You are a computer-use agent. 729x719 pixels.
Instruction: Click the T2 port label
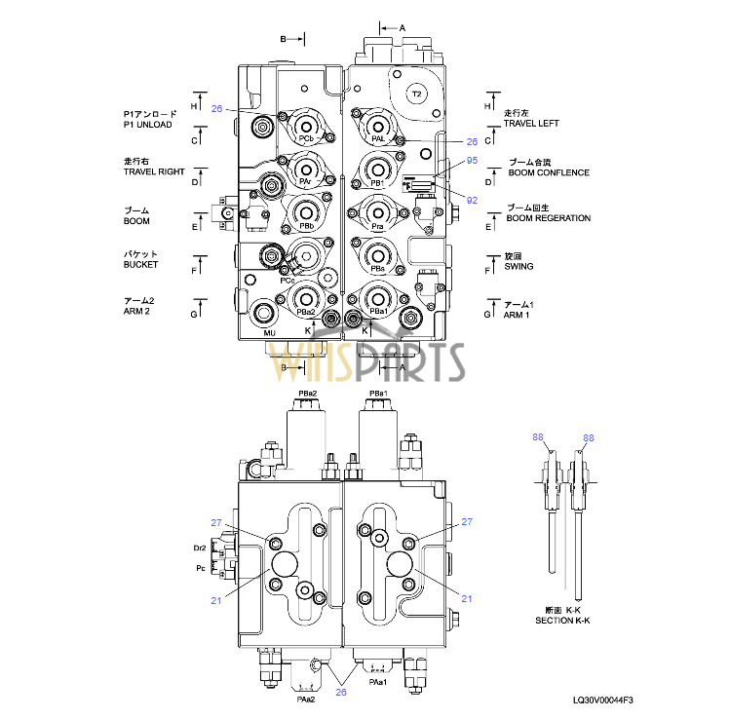coord(416,94)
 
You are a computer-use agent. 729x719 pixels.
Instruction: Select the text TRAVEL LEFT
coord(531,124)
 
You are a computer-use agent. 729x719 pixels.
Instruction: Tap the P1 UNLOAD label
coord(148,125)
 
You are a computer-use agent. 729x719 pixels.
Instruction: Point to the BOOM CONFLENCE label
coord(549,172)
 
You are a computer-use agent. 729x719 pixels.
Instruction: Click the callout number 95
coord(472,160)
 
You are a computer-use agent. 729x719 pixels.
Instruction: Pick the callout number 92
coord(472,200)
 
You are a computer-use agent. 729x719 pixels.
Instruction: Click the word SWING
coord(518,267)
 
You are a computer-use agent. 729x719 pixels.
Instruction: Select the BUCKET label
coord(140,265)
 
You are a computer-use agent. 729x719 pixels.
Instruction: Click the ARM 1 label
coord(517,316)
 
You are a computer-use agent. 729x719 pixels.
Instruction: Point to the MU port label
coord(270,334)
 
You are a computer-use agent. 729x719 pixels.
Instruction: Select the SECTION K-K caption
coord(562,621)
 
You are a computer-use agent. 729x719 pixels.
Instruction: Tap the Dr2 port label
coord(200,549)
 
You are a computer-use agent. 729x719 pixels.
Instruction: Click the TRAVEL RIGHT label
coord(154,171)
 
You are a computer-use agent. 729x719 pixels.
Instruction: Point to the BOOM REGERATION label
coord(548,218)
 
